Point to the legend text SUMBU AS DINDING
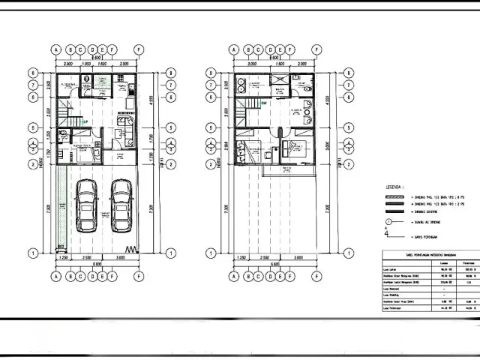click(424, 223)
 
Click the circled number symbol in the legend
click(387, 223)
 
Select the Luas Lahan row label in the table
click(389, 268)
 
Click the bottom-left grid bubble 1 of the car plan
click(33, 251)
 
